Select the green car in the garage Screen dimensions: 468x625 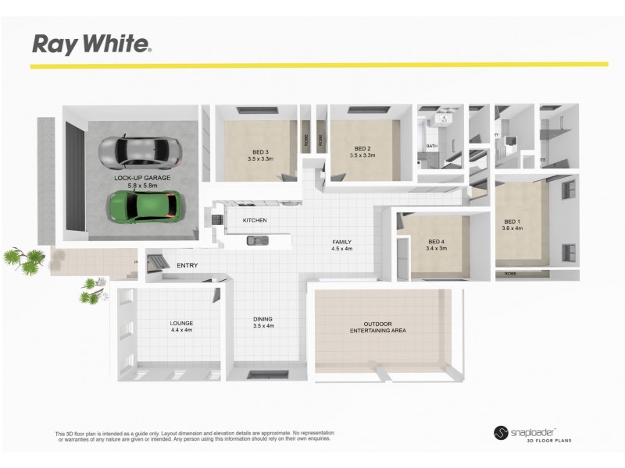pos(141,205)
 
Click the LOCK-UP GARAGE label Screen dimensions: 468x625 pos(141,178)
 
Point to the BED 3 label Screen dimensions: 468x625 pos(259,151)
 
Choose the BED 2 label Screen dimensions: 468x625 pos(362,148)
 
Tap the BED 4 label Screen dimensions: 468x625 pos(436,241)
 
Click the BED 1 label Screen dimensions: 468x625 pos(510,221)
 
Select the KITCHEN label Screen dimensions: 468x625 pos(255,221)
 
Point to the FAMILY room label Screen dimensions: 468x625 pos(342,242)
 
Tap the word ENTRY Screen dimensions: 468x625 pos(187,266)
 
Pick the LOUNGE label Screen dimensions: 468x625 pos(181,323)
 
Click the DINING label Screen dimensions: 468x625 pos(262,319)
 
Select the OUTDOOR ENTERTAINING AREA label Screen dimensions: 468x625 pos(377,327)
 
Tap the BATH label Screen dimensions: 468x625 pos(431,147)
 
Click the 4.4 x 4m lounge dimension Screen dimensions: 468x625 pos(181,330)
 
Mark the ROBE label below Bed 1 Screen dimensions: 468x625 pos(510,274)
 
